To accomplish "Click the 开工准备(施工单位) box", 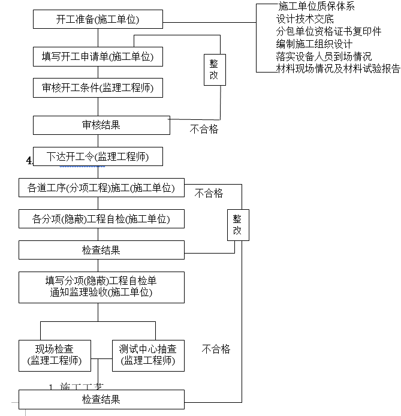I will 98,19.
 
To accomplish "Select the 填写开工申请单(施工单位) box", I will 98,57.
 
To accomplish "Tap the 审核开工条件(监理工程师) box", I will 98,88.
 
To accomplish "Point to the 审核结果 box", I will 101,125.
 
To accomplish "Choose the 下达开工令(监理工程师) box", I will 98,157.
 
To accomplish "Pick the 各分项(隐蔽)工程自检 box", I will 101,219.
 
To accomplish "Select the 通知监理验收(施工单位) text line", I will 101,293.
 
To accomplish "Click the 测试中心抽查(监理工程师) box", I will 147,355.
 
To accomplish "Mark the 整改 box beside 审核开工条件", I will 214,69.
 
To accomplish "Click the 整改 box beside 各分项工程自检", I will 237,225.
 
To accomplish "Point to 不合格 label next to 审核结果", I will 204,129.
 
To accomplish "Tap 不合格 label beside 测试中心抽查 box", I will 216,349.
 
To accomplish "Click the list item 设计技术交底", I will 305,19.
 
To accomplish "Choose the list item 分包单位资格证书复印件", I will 328,32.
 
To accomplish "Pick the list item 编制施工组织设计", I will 314,44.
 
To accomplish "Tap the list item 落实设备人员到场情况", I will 324,57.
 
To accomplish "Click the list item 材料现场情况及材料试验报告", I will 338,69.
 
